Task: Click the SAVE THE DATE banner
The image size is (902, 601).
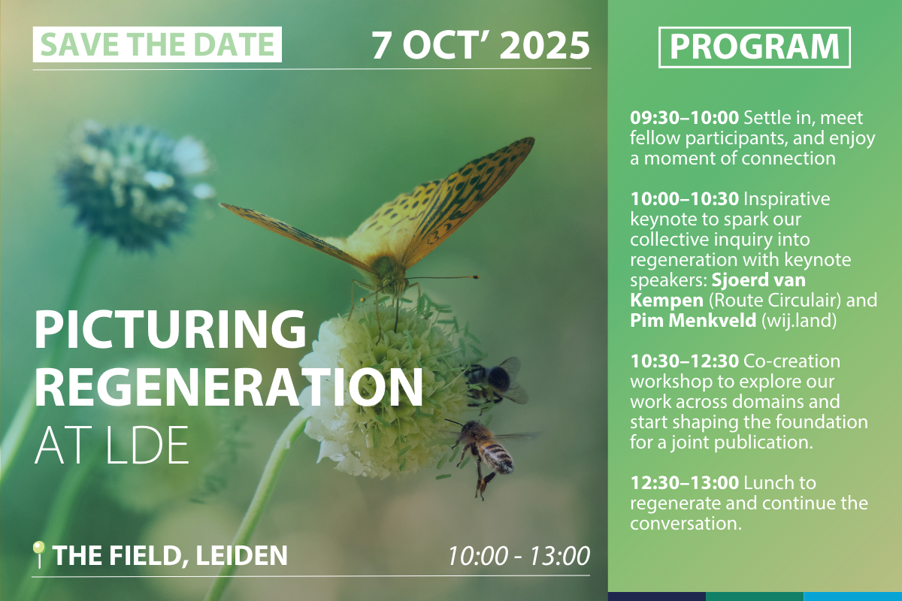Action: (x=157, y=44)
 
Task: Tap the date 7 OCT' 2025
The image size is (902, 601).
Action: (x=480, y=45)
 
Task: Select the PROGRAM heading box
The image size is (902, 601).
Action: (x=754, y=47)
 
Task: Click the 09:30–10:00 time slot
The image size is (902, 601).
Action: (x=684, y=118)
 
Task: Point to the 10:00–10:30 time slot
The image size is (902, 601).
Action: (x=684, y=199)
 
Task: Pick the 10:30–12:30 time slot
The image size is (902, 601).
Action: (x=684, y=361)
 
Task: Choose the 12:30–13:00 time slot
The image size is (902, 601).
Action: (x=684, y=482)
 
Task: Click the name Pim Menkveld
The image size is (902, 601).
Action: (x=693, y=321)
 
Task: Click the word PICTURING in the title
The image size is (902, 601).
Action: (x=171, y=329)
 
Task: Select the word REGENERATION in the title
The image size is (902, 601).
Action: (x=229, y=387)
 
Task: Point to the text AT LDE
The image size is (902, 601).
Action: (x=111, y=445)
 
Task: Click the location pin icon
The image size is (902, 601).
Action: (x=38, y=554)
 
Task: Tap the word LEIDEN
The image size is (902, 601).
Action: (x=241, y=556)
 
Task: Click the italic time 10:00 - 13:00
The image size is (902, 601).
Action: (x=519, y=556)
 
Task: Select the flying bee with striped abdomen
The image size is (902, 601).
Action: (x=483, y=450)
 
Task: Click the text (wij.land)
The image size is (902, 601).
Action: (x=799, y=321)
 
